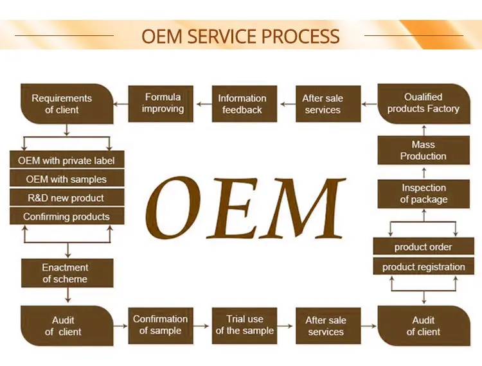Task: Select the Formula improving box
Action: click(x=162, y=103)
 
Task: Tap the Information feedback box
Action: click(x=242, y=103)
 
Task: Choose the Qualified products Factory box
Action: click(x=423, y=103)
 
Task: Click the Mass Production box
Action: click(x=423, y=150)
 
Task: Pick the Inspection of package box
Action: click(x=423, y=193)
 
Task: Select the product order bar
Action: click(x=423, y=247)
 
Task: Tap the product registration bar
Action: click(x=423, y=267)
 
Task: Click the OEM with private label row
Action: click(x=66, y=161)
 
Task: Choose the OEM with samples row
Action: click(x=66, y=179)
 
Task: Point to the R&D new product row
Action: click(x=66, y=198)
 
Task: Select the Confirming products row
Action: click(x=66, y=216)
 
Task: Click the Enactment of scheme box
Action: click(x=66, y=273)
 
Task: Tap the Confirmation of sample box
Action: click(x=160, y=325)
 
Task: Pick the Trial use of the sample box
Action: click(x=245, y=325)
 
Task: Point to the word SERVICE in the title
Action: click(x=240, y=36)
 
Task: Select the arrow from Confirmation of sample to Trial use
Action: click(x=202, y=325)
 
